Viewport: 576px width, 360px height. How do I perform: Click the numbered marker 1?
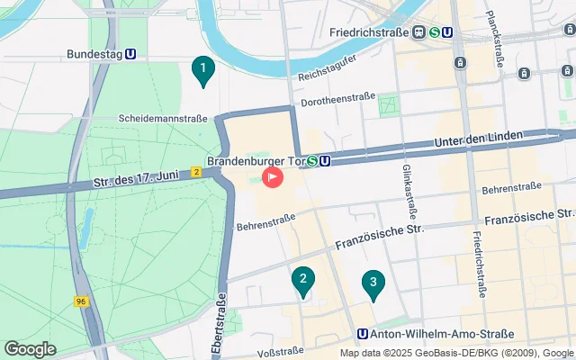pos(203,68)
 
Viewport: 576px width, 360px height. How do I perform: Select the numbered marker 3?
pos(373,283)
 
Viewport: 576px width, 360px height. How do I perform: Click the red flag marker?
pos(273,177)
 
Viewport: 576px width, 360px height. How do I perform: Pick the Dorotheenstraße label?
pos(337,103)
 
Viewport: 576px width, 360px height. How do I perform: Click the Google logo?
pos(30,349)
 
